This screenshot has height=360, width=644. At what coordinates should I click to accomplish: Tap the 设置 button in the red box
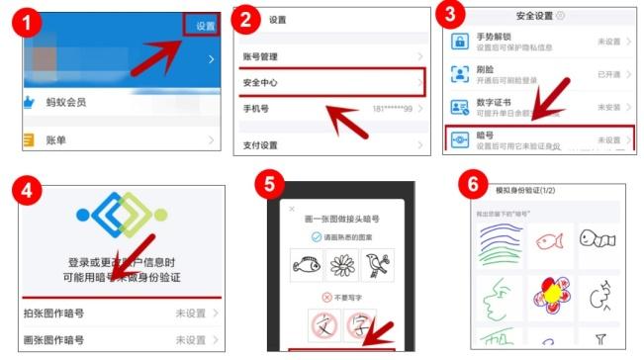point(203,26)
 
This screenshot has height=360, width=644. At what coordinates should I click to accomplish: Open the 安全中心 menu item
point(262,81)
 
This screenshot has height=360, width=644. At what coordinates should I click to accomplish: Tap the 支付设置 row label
point(260,145)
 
